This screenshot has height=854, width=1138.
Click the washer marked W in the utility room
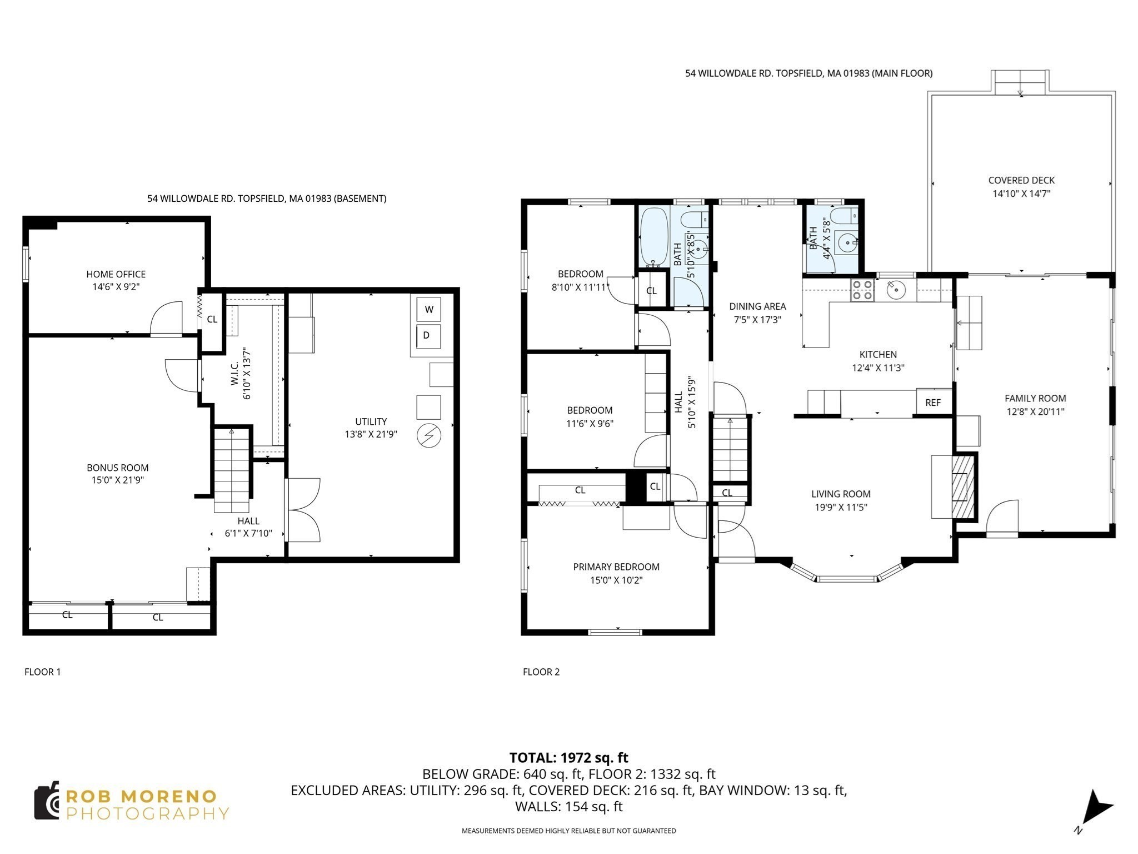pyautogui.click(x=428, y=309)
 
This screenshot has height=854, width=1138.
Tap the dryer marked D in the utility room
pyautogui.click(x=428, y=336)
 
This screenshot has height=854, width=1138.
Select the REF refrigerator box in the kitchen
pyautogui.click(x=933, y=403)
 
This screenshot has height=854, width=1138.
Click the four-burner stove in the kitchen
pyautogui.click(x=862, y=290)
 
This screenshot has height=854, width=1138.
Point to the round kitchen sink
pyautogui.click(x=896, y=290)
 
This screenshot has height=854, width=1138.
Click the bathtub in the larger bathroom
pyautogui.click(x=654, y=237)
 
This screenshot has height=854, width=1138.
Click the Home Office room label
pyautogui.click(x=116, y=274)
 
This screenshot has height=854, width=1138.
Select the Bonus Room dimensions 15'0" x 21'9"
pyautogui.click(x=118, y=480)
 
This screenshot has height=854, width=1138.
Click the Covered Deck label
pyautogui.click(x=1021, y=180)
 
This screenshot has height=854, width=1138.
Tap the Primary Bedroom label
pyautogui.click(x=616, y=567)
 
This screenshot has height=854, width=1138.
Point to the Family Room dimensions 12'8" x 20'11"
pyautogui.click(x=1035, y=412)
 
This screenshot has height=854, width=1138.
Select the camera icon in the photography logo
pyautogui.click(x=47, y=801)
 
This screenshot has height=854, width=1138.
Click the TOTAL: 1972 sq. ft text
pyautogui.click(x=568, y=757)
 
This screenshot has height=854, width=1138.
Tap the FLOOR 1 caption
pyautogui.click(x=43, y=672)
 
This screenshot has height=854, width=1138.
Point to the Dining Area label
pyautogui.click(x=757, y=306)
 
